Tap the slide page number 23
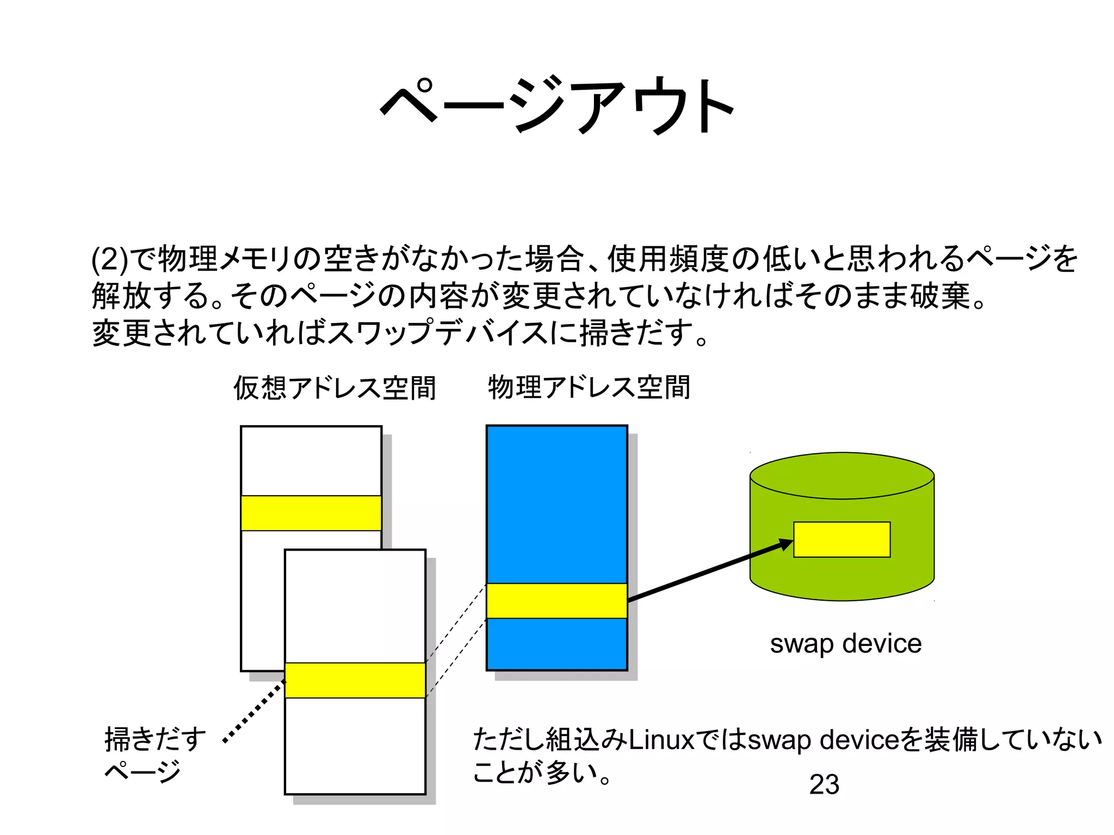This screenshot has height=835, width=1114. [824, 784]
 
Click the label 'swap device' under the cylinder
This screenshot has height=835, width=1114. [845, 644]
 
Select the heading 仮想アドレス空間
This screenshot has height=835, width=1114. [335, 388]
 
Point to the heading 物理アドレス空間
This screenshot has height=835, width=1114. [589, 388]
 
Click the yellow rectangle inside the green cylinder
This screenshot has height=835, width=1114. [841, 539]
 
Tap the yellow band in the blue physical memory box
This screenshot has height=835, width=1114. [556, 601]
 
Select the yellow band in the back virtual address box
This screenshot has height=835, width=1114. [311, 513]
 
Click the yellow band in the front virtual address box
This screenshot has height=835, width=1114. [355, 680]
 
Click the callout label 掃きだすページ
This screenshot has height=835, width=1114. [154, 755]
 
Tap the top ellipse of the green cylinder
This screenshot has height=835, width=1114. [841, 475]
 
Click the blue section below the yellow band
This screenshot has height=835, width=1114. [556, 644]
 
